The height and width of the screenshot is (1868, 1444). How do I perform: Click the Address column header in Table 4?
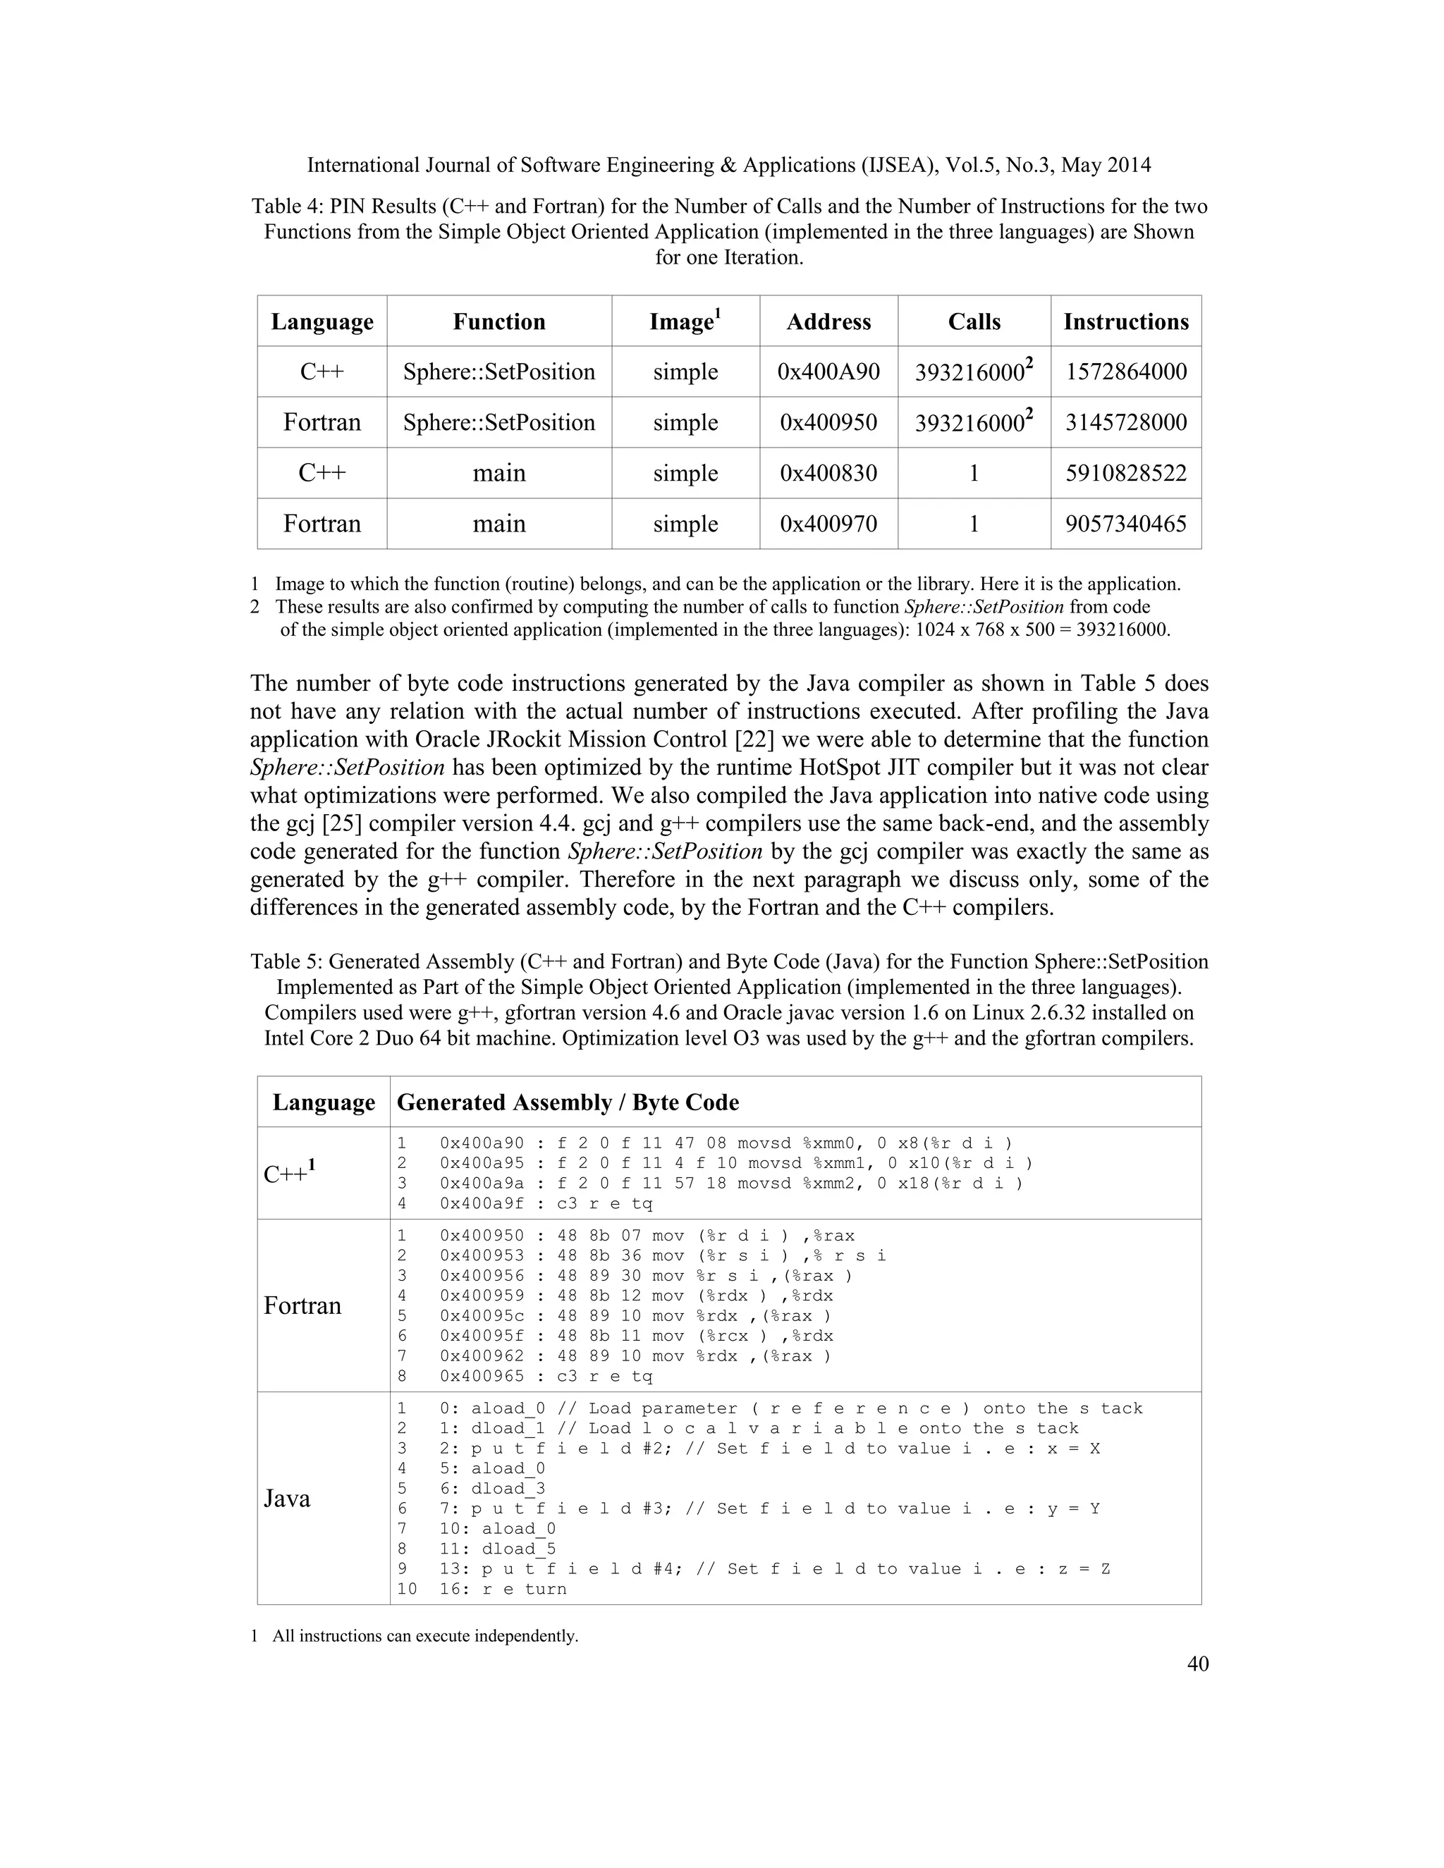[828, 321]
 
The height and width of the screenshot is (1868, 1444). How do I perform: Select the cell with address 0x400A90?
[828, 372]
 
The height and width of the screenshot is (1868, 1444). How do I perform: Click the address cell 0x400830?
[828, 473]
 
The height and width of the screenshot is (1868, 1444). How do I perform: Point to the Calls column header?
[974, 321]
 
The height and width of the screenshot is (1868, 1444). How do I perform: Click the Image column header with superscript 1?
[685, 321]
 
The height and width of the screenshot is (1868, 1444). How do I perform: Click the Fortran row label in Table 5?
[302, 1305]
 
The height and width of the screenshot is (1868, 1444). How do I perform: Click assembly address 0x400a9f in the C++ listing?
[482, 1203]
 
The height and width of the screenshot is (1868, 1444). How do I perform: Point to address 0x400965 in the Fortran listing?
[482, 1376]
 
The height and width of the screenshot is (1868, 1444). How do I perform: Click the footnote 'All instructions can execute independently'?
[424, 1636]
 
